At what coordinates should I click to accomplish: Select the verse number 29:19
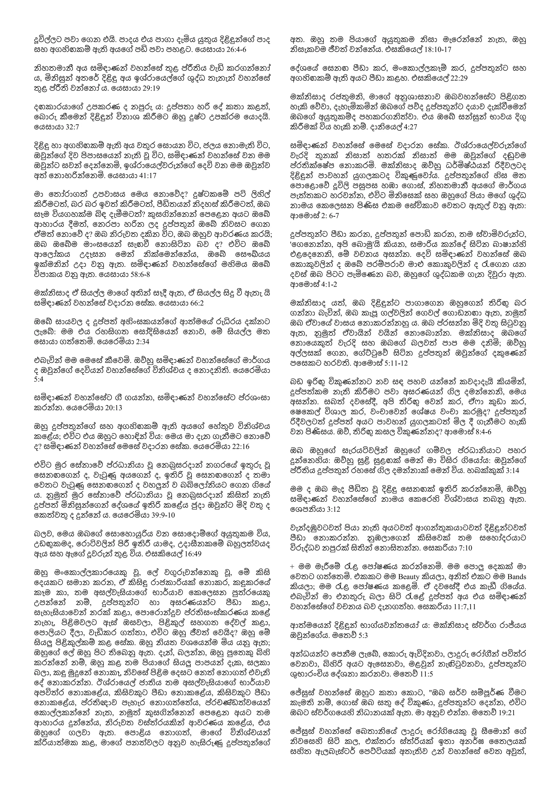point(149,88)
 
